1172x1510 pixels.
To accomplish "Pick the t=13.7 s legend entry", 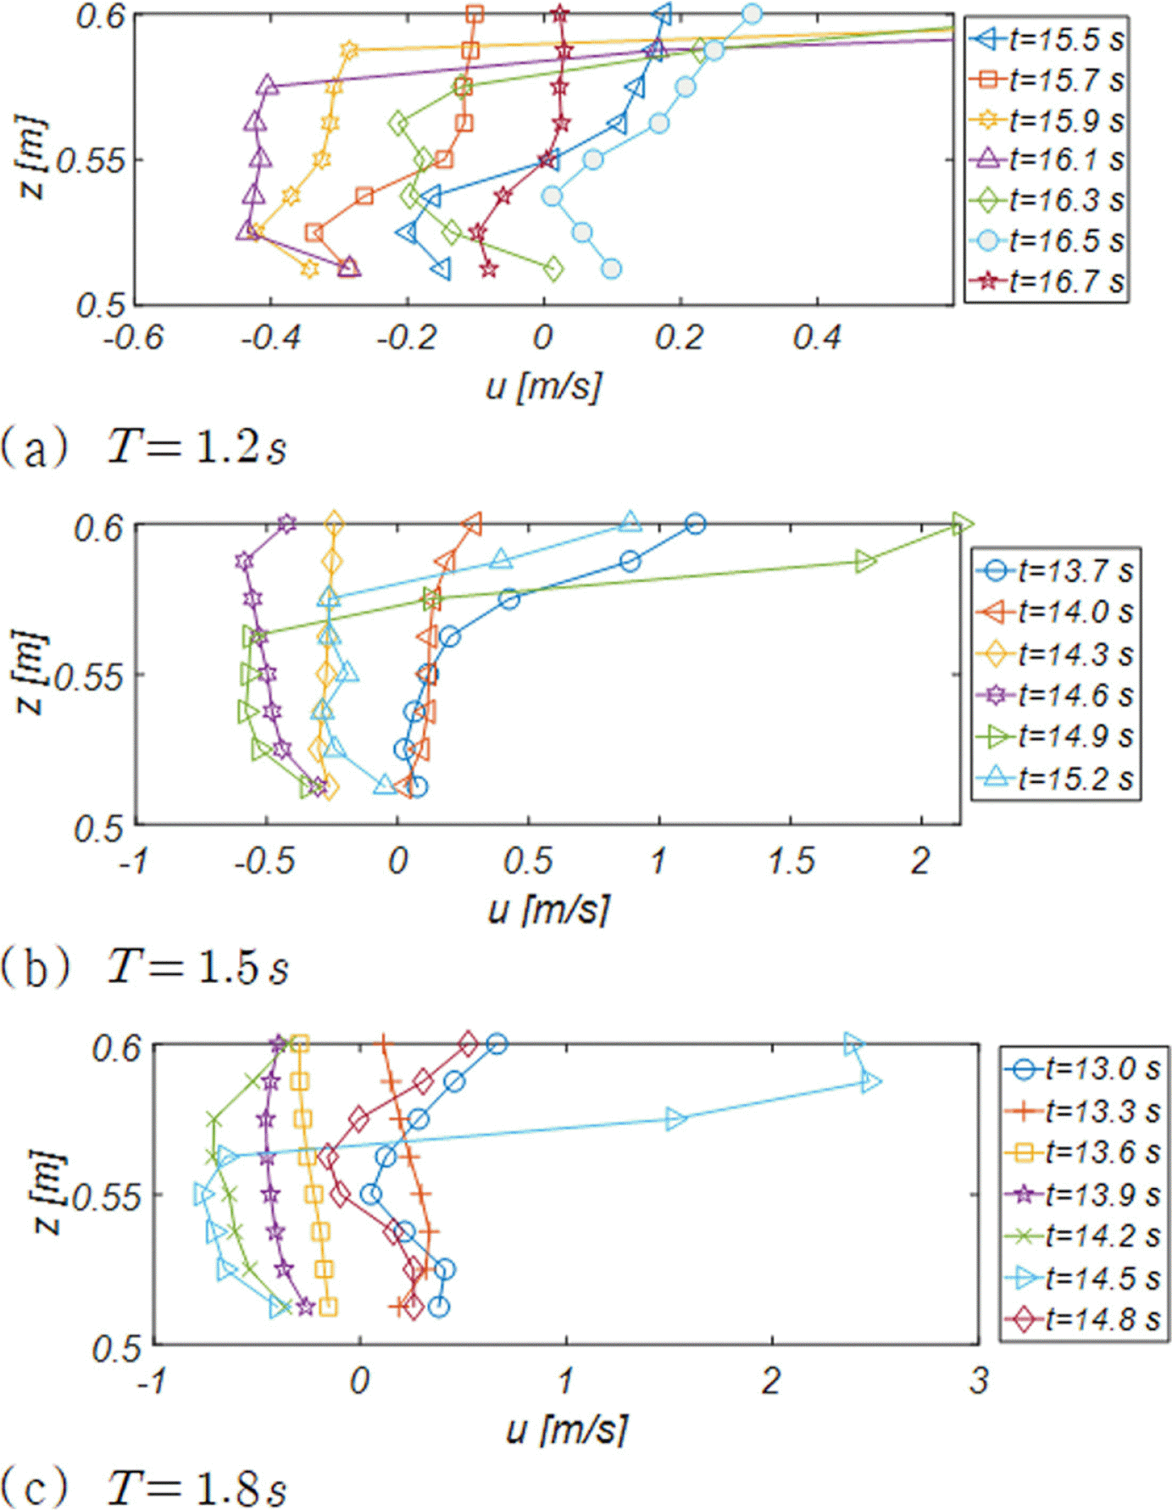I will tap(1056, 571).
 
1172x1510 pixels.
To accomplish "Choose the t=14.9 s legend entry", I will tap(1056, 736).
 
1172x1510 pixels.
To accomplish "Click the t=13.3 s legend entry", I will tap(1082, 1110).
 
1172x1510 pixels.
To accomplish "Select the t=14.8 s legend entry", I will tap(1082, 1319).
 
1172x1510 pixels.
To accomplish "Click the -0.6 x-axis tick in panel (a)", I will tap(134, 338).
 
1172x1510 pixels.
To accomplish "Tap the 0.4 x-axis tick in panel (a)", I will tap(817, 338).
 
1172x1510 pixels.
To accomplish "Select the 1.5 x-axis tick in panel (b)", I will tap(791, 862).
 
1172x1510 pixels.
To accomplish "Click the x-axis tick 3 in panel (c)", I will tap(979, 1381).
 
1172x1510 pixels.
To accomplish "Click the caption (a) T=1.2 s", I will tap(144, 446).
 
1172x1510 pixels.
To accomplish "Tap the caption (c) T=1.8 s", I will tap(144, 1487).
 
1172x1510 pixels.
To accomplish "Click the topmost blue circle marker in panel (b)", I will tap(695, 524).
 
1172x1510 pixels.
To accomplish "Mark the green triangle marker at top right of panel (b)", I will tap(962, 525).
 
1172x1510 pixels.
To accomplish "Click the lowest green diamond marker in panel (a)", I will tap(553, 269).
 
